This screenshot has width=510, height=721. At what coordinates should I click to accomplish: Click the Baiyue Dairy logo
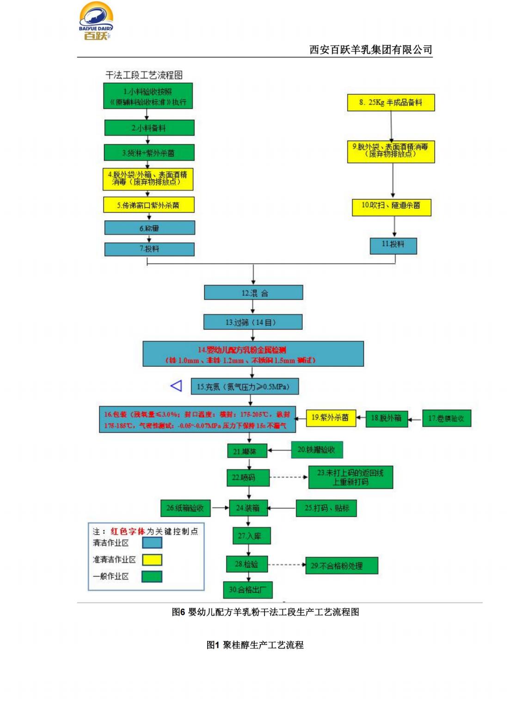pos(96,22)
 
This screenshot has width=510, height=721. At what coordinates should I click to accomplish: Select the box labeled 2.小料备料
pos(149,128)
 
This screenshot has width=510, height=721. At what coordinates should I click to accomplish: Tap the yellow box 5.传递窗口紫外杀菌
pos(148,205)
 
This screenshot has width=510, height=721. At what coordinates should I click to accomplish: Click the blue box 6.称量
pos(149,228)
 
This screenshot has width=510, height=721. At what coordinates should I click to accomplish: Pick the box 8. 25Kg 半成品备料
pos(391,103)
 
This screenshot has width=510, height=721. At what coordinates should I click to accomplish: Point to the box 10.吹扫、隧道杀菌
pos(391,205)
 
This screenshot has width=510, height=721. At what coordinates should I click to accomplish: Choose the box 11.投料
pos(393,245)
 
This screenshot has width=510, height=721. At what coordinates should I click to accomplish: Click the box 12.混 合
pos(253,293)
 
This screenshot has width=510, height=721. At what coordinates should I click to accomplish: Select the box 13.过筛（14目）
pos(252,322)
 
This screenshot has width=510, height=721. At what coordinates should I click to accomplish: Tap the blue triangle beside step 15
pos(176,386)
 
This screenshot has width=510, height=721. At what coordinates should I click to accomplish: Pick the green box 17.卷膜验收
pos(446,419)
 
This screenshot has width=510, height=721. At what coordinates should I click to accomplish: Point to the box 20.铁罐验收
pos(317,450)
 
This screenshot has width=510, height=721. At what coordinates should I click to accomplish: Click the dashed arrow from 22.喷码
pos(289,477)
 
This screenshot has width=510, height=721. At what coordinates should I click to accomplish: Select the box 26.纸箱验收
pos(185,508)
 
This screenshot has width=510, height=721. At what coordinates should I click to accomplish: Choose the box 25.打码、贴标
pos(326,508)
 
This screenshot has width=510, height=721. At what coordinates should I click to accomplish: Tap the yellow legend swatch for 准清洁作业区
pos(152,560)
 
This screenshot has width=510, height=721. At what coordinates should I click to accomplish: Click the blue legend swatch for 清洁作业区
pos(152,542)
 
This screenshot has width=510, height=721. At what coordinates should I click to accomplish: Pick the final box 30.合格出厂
pos(248,590)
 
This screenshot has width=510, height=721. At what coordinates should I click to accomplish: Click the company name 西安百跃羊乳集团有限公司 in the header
pos(371,49)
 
